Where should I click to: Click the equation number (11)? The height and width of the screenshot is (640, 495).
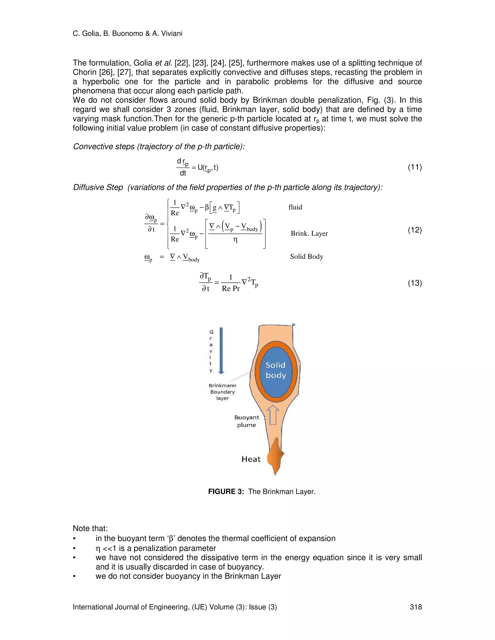[x=415, y=167]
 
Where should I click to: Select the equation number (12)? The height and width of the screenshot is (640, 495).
[x=415, y=230]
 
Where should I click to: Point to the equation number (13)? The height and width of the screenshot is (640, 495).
[x=415, y=283]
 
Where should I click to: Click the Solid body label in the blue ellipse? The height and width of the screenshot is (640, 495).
[x=276, y=370]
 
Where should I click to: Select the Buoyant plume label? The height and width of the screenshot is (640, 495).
[x=247, y=421]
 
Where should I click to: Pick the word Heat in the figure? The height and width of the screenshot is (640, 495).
[x=251, y=459]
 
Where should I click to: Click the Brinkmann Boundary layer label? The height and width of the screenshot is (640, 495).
[x=222, y=392]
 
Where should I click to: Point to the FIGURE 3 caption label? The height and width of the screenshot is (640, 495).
[x=226, y=491]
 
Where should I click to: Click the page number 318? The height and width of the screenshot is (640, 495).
[x=415, y=607]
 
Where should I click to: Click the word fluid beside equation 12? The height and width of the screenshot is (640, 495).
[x=295, y=207]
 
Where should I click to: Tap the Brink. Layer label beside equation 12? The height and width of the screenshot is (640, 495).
[x=309, y=234]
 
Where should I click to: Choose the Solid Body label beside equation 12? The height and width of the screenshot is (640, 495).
[x=306, y=257]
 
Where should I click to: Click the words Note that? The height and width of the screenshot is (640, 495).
[x=90, y=528]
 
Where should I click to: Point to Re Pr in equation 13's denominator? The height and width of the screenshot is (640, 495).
[x=231, y=289]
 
